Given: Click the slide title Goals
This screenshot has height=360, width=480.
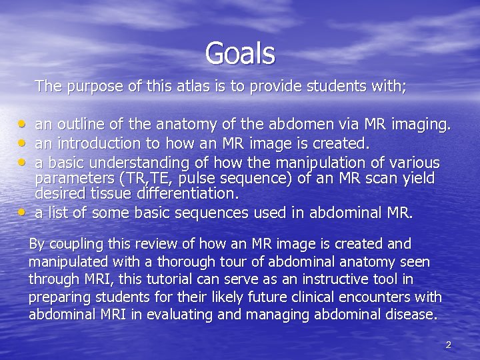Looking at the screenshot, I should (240, 53).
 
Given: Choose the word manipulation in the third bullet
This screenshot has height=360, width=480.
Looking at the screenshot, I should (333, 163).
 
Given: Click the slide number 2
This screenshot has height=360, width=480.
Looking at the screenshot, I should (448, 345).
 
